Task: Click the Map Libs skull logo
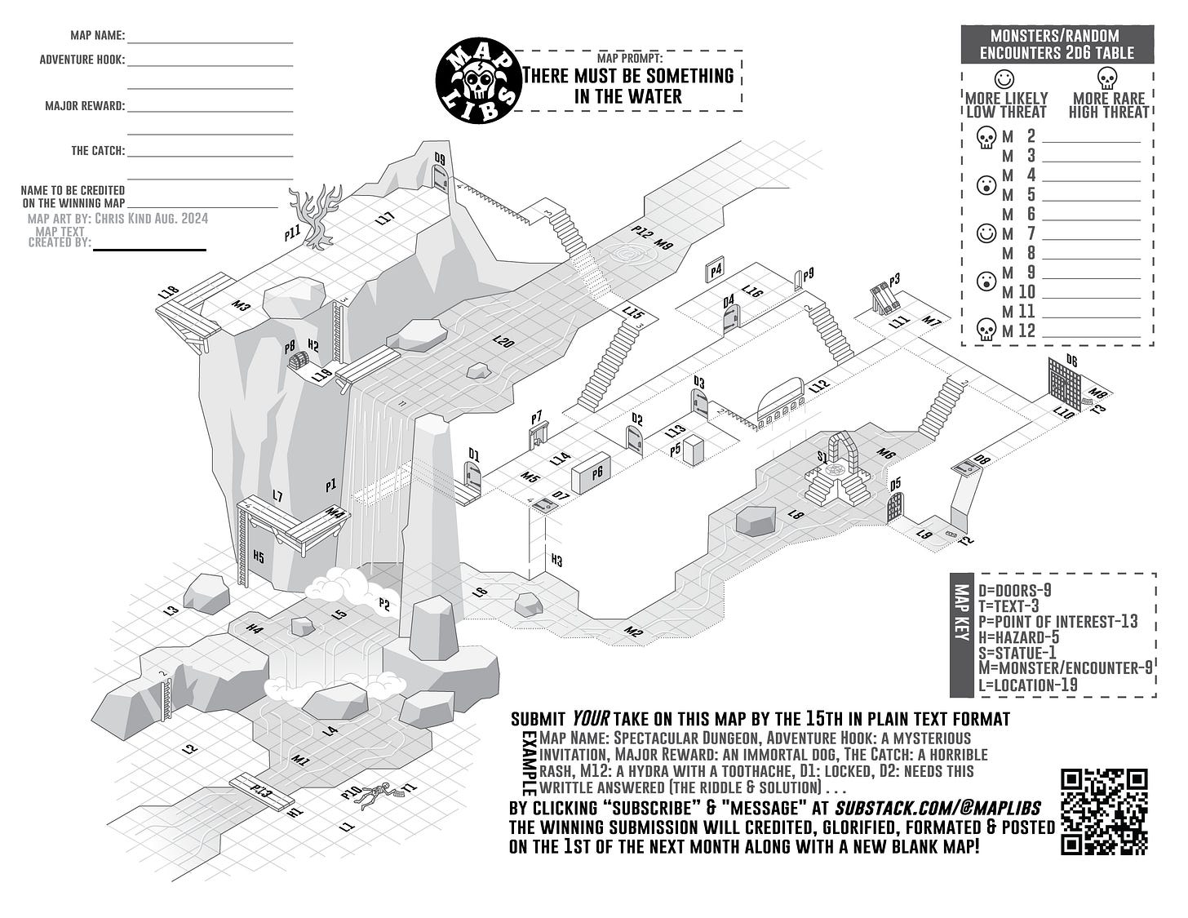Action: click(x=479, y=82)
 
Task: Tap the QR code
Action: click(x=1105, y=811)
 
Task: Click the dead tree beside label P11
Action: click(x=317, y=214)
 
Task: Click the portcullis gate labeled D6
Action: click(x=1066, y=381)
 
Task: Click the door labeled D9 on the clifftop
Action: click(x=441, y=178)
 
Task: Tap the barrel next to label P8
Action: click(x=299, y=360)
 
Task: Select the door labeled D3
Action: click(x=699, y=402)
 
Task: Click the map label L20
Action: click(x=503, y=343)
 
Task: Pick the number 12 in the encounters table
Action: click(x=1026, y=331)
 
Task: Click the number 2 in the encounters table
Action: click(x=1031, y=136)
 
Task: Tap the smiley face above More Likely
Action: click(x=1005, y=79)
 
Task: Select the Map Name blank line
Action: click(x=210, y=41)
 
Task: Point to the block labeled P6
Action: click(x=592, y=473)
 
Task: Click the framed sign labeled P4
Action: click(x=716, y=270)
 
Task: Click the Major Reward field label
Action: click(x=85, y=106)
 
